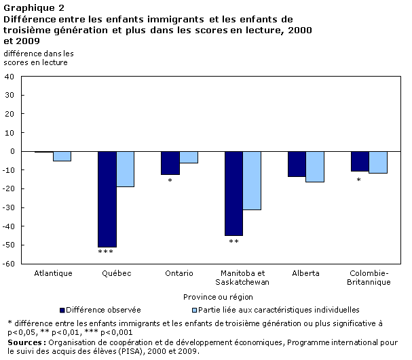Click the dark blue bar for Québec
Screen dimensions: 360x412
click(x=107, y=199)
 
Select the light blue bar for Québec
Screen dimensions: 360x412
click(x=125, y=169)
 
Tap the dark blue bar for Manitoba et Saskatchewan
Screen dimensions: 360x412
click(x=233, y=193)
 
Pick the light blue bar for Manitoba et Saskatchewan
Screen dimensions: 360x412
click(x=252, y=180)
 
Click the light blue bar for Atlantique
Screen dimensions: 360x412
click(x=62, y=157)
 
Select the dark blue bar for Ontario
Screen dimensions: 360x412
click(x=170, y=163)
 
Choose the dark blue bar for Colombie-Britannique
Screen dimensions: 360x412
click(x=360, y=161)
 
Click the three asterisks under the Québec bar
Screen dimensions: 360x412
click(x=107, y=252)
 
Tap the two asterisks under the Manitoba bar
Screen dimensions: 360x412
click(x=233, y=241)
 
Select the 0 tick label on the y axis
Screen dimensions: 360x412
click(x=12, y=151)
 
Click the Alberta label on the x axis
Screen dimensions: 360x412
click(x=306, y=273)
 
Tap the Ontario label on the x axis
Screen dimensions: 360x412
click(x=179, y=273)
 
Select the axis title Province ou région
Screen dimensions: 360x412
click(x=217, y=296)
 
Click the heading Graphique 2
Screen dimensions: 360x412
click(x=29, y=7)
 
